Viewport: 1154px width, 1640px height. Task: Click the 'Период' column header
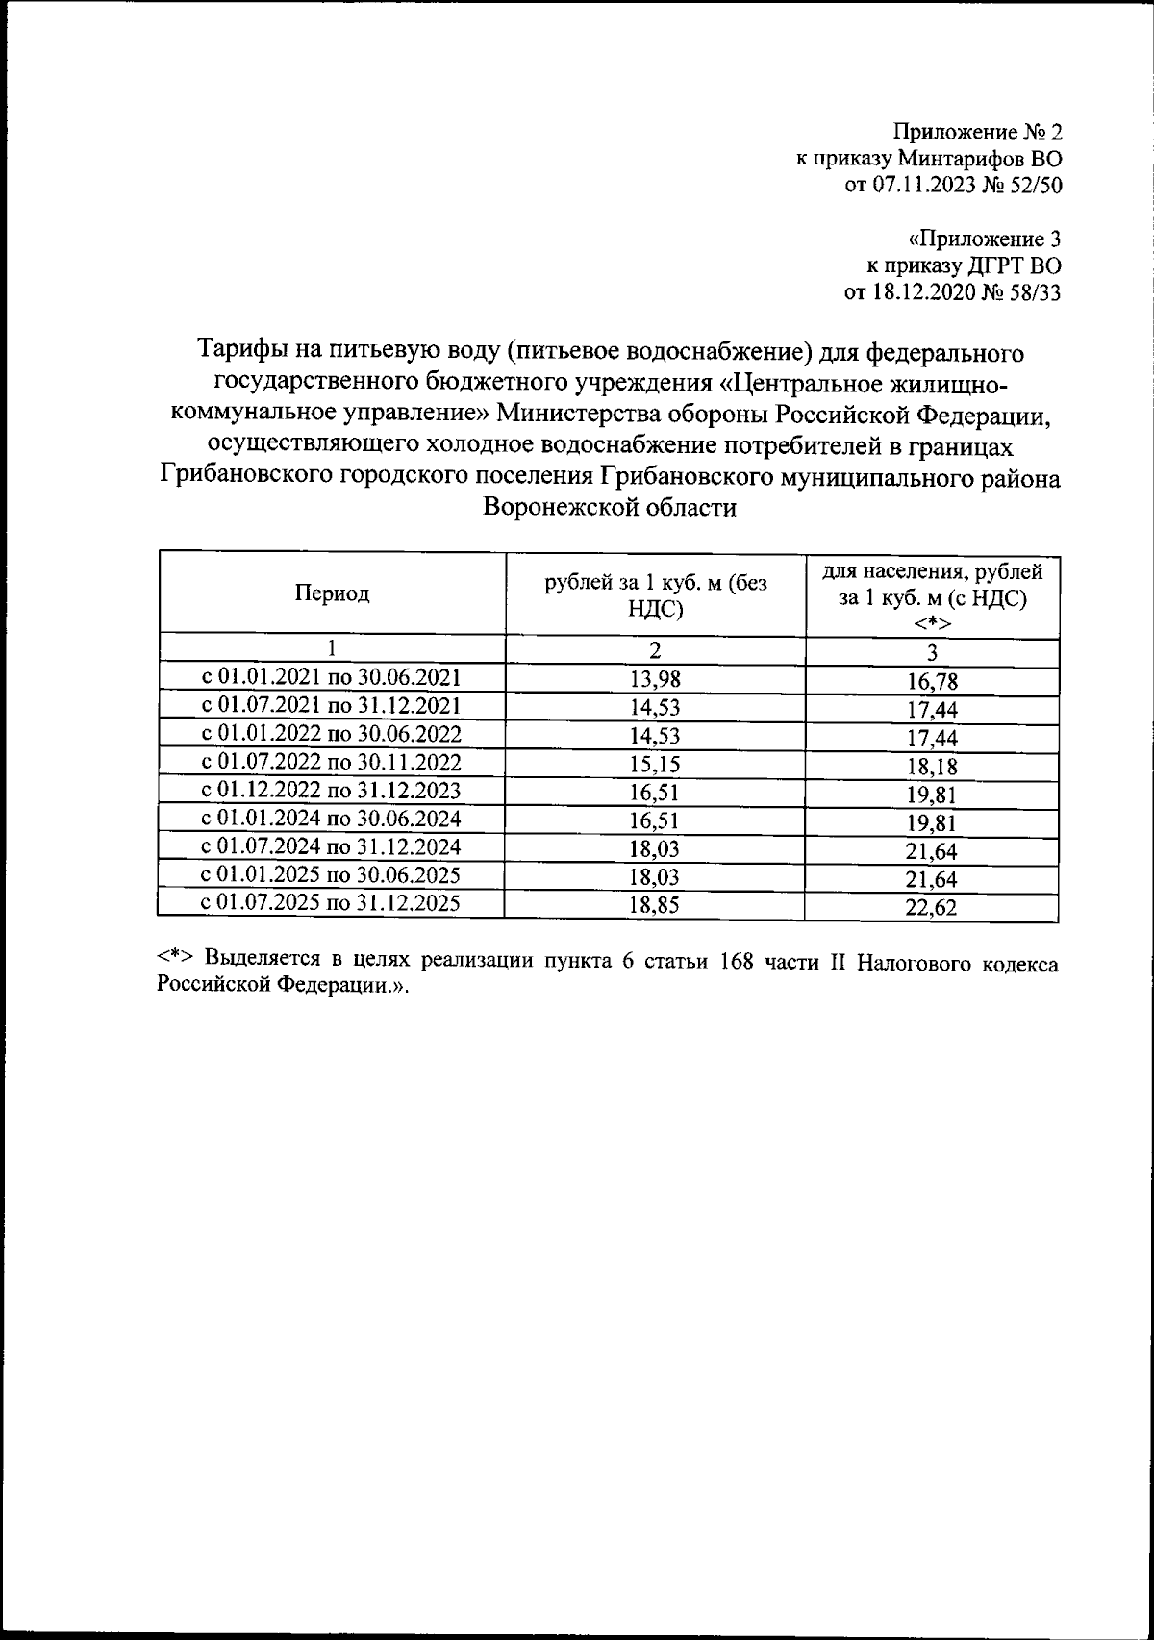(x=332, y=593)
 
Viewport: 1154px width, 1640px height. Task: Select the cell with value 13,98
(x=655, y=679)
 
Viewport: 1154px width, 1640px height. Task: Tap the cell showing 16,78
(x=932, y=682)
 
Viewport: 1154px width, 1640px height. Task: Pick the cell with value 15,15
(x=655, y=764)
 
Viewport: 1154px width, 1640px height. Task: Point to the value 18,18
(x=932, y=767)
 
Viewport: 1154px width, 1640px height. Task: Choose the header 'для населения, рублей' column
(x=932, y=572)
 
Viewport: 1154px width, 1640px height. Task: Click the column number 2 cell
(x=655, y=650)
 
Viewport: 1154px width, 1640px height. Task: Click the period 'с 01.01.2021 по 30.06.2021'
(x=332, y=677)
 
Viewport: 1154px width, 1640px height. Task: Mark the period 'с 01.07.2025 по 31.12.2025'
(x=332, y=903)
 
